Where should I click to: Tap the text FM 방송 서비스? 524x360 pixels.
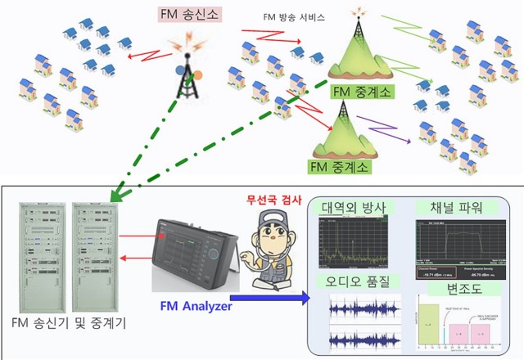pos(294,16)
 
